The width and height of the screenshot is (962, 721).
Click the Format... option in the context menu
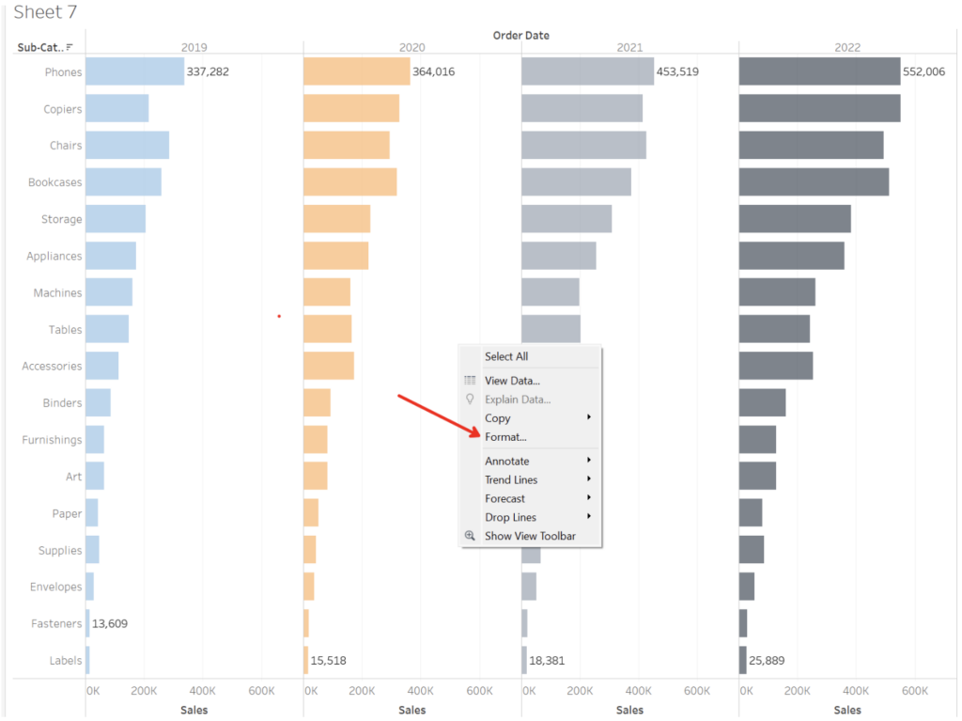(x=505, y=437)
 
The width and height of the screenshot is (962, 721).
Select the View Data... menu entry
(x=512, y=381)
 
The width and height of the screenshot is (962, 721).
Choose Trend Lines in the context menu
(x=511, y=479)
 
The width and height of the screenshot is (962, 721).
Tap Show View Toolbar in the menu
(x=530, y=536)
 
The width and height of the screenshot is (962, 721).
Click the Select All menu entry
(x=506, y=356)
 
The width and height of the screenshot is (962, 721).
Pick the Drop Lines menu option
(x=510, y=517)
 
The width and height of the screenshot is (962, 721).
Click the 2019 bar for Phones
(x=134, y=71)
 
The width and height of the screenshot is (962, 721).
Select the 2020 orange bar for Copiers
(x=351, y=108)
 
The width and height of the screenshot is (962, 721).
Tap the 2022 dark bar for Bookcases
(x=814, y=181)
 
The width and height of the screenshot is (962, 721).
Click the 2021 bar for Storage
(x=566, y=219)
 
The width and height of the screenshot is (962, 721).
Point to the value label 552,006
(x=924, y=71)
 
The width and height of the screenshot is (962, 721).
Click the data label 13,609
(x=111, y=623)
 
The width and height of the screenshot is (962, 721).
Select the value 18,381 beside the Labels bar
(x=547, y=661)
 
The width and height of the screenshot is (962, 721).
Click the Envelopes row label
(x=55, y=587)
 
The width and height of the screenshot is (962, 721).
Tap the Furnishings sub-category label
(x=52, y=440)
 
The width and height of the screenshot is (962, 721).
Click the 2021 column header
(x=629, y=47)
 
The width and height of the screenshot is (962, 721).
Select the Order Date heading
(x=521, y=35)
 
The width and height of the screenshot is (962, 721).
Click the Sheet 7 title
(x=45, y=13)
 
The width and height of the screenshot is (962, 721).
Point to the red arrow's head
(x=478, y=433)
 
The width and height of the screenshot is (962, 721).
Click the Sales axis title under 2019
(x=194, y=710)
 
